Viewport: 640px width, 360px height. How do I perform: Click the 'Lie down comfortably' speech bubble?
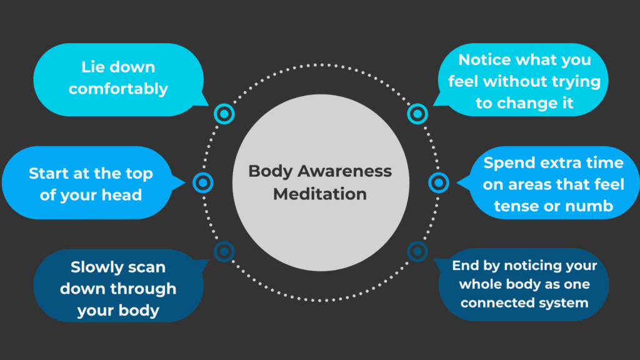tap(118, 79)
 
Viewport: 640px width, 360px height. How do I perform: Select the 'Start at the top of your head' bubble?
tap(91, 184)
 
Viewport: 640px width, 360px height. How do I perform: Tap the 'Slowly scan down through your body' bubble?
tap(118, 288)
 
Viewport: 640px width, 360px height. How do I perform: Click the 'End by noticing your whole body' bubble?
tap(524, 285)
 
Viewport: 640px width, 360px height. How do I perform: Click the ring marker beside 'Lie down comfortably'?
tap(224, 114)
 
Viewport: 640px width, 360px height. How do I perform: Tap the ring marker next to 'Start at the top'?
tap(203, 183)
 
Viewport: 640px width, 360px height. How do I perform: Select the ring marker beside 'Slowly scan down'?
tap(224, 252)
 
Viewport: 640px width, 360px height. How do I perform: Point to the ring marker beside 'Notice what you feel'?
tap(417, 114)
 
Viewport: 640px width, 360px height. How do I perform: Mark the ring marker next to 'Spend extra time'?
tap(438, 183)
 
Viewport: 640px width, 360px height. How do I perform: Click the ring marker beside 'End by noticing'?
tap(417, 252)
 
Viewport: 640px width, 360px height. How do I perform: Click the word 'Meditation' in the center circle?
tap(320, 194)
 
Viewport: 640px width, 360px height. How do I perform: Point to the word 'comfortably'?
tap(118, 89)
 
